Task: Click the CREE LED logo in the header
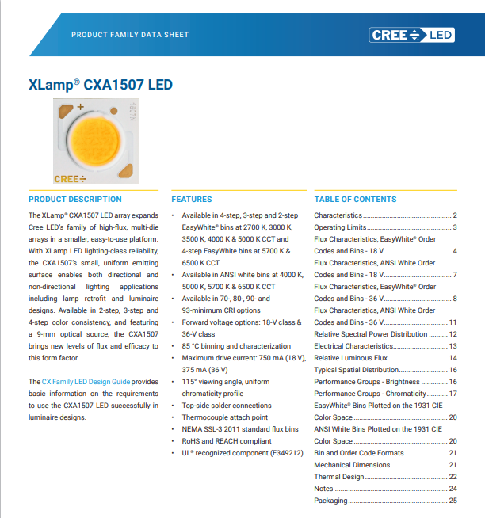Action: point(411,35)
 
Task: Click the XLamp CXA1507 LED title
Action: point(100,85)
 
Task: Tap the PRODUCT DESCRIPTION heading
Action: point(75,199)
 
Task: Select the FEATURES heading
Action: point(191,199)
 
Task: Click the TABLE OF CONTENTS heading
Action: point(355,199)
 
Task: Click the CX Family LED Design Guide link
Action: point(86,382)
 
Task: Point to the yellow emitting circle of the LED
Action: point(95,139)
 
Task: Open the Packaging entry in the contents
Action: point(330,501)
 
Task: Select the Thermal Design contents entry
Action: point(339,477)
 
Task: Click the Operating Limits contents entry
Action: point(340,227)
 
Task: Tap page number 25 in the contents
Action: point(453,501)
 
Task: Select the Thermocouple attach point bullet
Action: point(224,417)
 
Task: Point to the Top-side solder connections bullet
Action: point(226,406)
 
